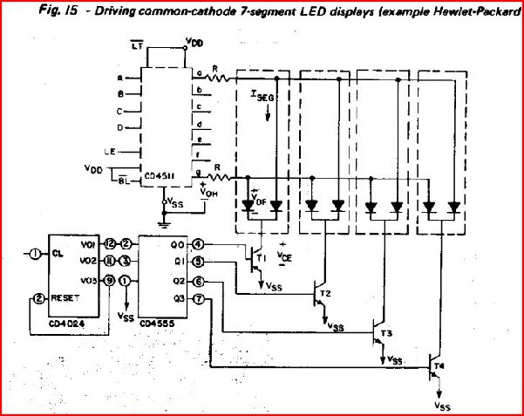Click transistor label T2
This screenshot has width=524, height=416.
tap(326, 291)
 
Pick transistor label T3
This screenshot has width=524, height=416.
tap(386, 333)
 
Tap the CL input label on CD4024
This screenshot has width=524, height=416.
tap(58, 254)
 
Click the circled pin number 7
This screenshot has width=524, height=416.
tap(199, 300)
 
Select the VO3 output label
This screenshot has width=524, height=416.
tap(87, 280)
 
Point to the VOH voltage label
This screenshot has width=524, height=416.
tap(208, 194)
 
